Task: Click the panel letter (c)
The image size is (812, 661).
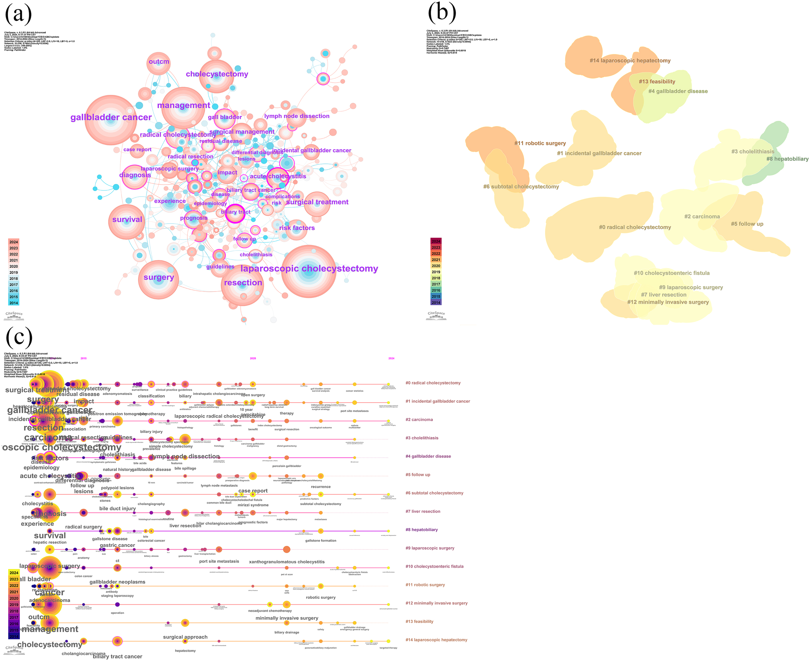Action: click(19, 337)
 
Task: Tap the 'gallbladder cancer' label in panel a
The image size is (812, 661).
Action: click(111, 117)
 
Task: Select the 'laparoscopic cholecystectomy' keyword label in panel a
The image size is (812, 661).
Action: click(309, 268)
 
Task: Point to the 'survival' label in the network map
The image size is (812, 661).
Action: click(127, 219)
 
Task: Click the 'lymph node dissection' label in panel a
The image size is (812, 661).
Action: click(297, 116)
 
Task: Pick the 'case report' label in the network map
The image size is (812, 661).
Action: click(137, 149)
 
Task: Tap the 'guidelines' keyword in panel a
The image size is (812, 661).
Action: click(220, 266)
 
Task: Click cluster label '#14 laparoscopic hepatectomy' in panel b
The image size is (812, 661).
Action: click(630, 60)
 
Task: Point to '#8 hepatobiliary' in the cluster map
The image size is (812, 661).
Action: click(787, 159)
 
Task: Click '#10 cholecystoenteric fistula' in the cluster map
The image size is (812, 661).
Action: click(672, 273)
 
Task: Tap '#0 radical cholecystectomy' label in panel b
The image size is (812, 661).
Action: click(635, 227)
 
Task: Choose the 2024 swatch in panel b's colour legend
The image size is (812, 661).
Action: click(436, 241)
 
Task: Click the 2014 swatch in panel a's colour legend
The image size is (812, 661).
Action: click(14, 303)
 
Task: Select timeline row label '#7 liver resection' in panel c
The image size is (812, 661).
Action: click(423, 512)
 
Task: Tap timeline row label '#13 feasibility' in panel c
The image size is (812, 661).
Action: click(419, 621)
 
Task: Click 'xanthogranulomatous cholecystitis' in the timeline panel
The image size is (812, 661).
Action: click(286, 562)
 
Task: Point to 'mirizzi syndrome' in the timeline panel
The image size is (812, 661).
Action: click(253, 505)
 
